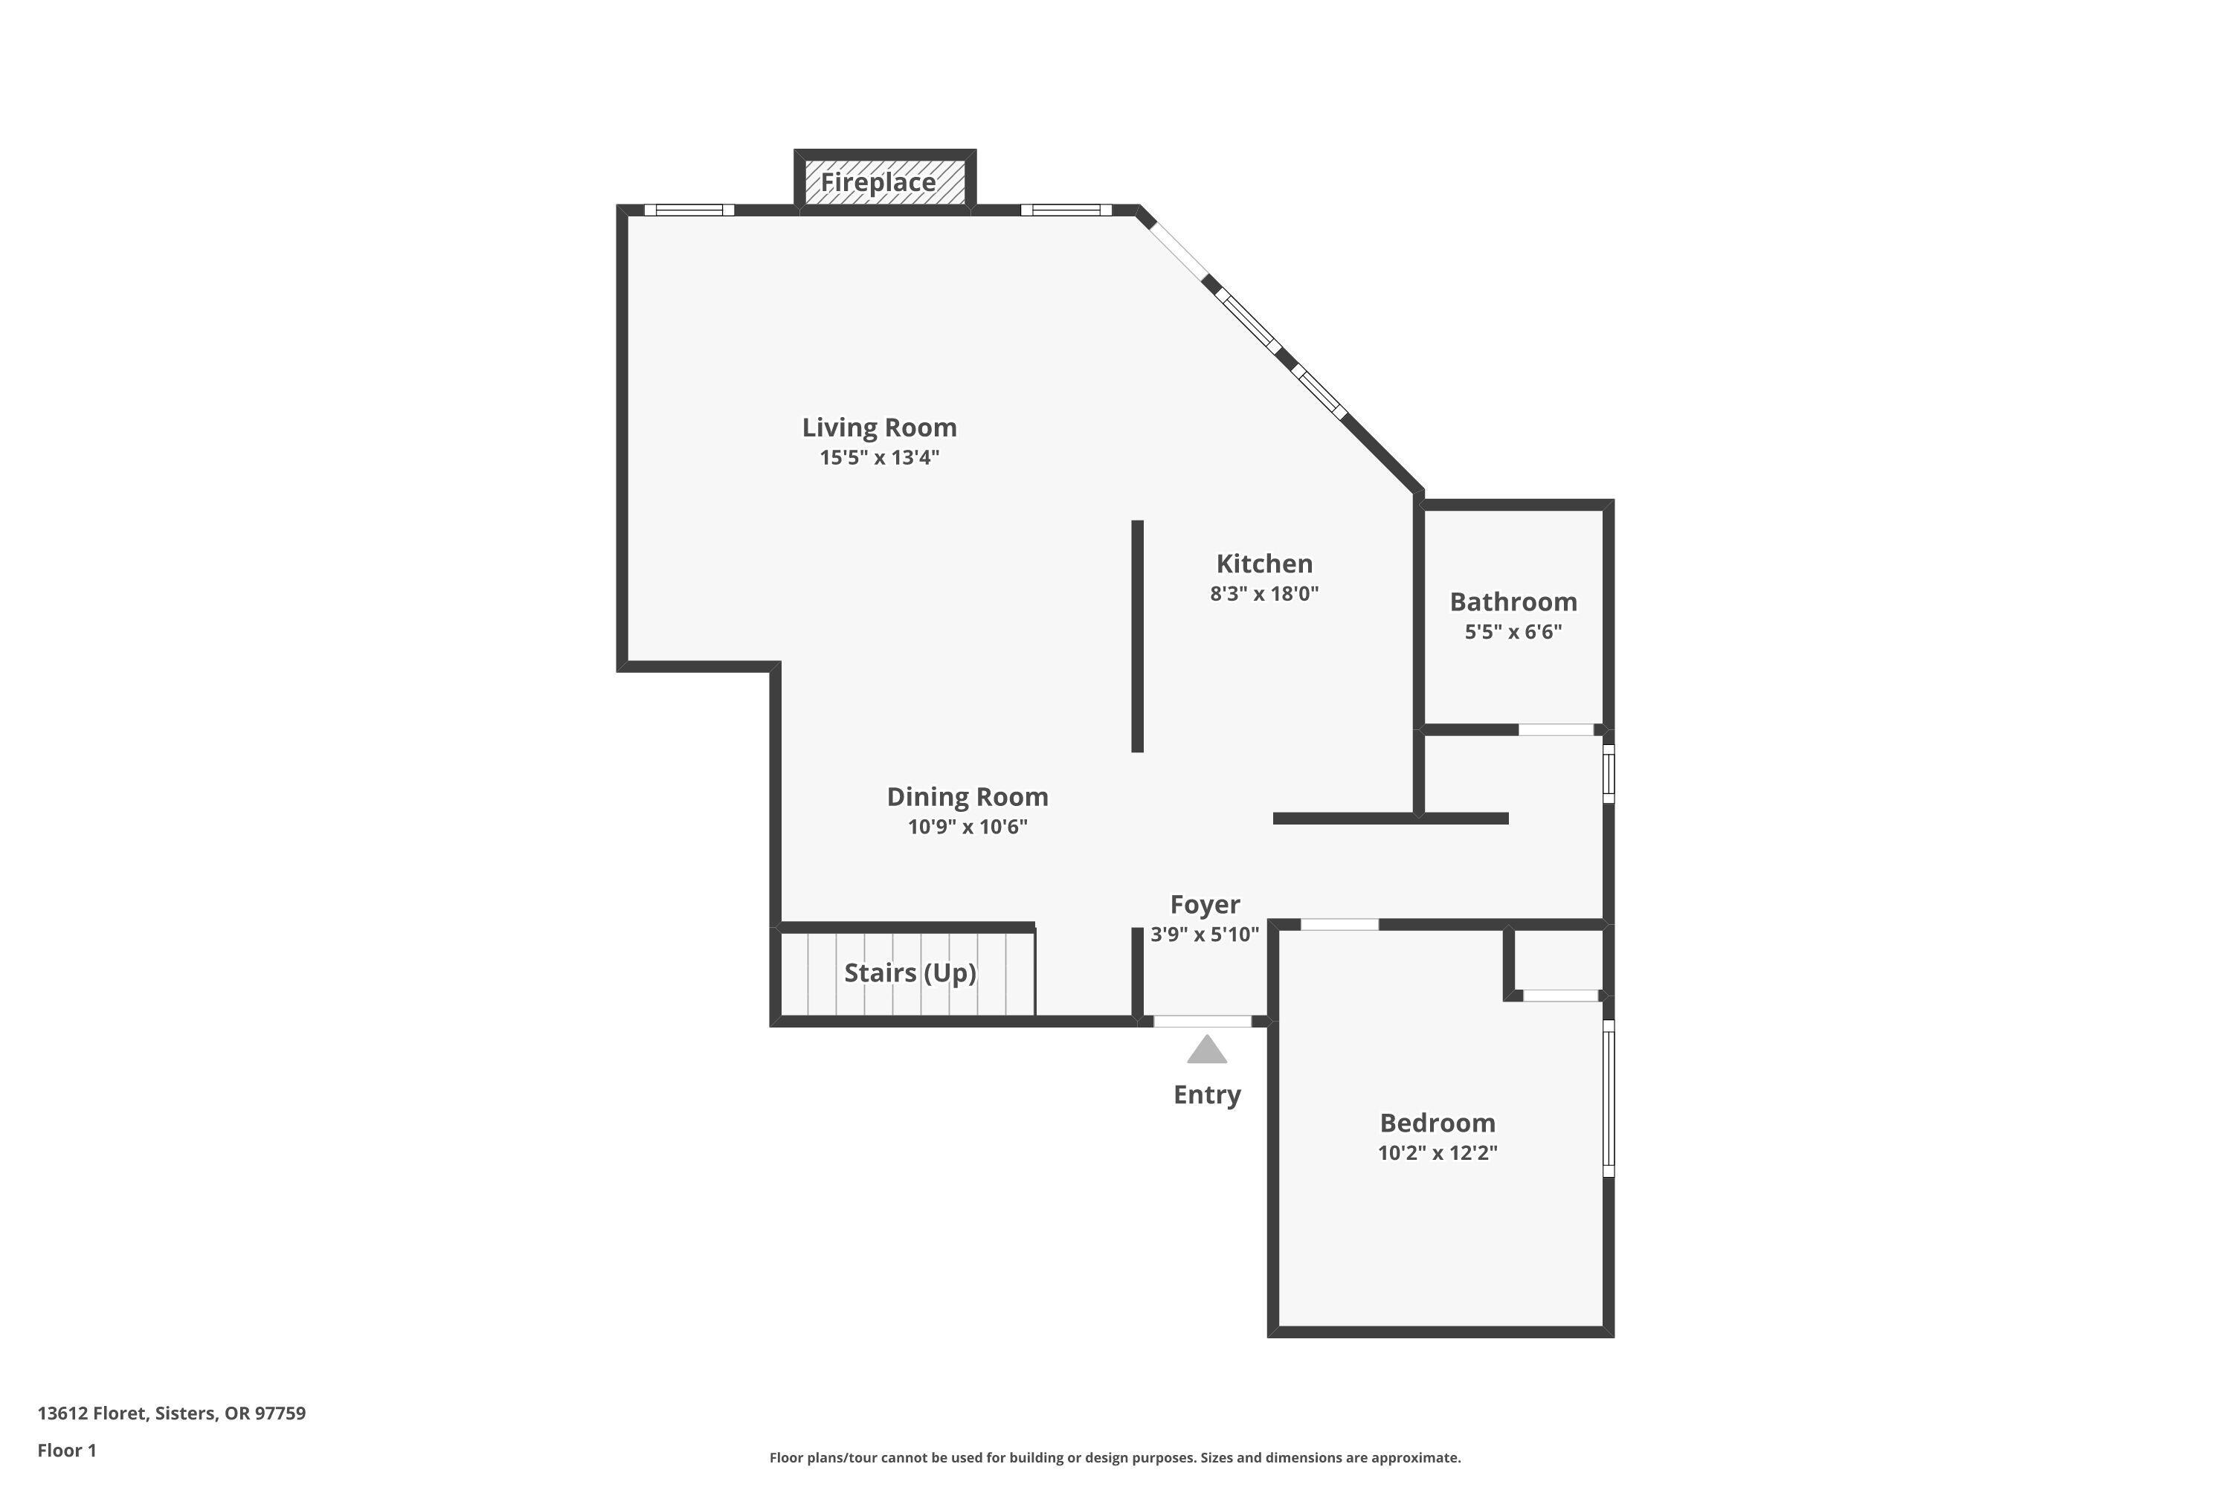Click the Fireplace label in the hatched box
(878, 182)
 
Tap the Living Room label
(879, 428)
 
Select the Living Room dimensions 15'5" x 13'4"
(879, 458)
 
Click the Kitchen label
(1263, 564)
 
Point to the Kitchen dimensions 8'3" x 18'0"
(1263, 593)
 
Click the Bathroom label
(1513, 602)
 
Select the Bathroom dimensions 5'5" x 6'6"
(1513, 631)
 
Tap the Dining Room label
(967, 796)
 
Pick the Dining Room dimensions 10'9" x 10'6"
(967, 827)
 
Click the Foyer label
(1205, 905)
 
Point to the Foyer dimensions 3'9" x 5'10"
(1205, 934)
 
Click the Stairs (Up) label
(910, 973)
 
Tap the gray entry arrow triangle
(1206, 1051)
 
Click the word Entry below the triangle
(1206, 1094)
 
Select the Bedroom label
(1437, 1123)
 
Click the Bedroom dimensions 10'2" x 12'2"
(1437, 1153)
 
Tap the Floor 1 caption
(66, 1450)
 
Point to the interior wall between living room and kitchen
(1137, 636)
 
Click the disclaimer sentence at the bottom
(1115, 1457)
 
